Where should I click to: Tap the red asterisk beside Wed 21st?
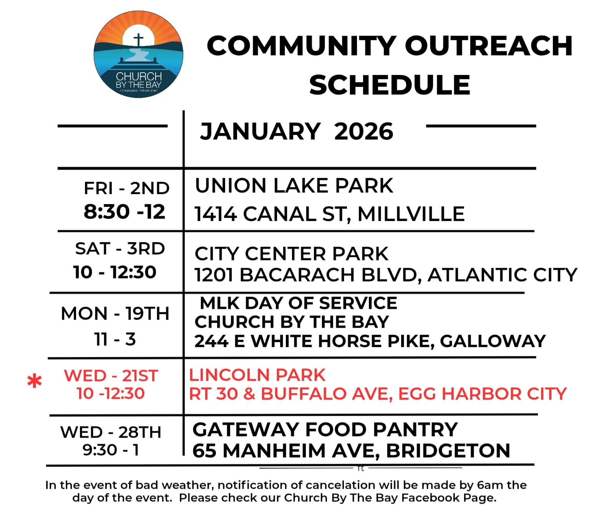point(35,381)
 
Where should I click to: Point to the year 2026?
point(364,131)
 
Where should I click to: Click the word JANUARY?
point(260,131)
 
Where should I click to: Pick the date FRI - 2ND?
point(126,188)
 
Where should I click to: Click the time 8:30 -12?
point(124,211)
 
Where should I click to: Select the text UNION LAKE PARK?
point(294,185)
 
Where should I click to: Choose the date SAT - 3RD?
point(120,248)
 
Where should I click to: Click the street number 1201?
point(214,274)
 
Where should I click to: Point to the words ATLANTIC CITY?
point(502,274)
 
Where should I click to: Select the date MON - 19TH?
point(115,314)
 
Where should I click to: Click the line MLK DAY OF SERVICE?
point(299,303)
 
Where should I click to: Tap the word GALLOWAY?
point(493,341)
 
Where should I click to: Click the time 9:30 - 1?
point(111,450)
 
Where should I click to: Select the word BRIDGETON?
point(448,450)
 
